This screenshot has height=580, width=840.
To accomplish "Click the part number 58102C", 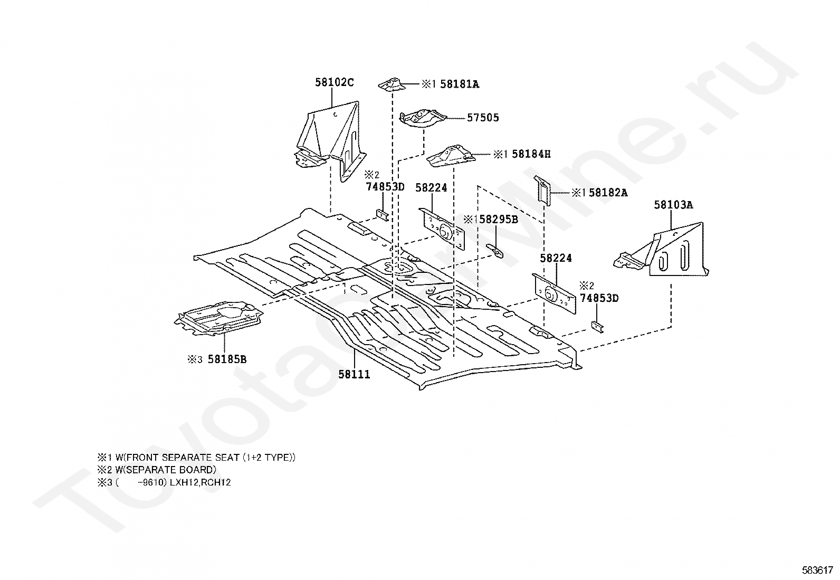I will [334, 82].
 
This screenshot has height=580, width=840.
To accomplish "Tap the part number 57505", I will [482, 118].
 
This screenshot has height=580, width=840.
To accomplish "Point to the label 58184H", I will [531, 154].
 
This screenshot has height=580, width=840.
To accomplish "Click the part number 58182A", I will [608, 193].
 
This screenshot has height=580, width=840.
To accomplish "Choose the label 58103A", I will [673, 205].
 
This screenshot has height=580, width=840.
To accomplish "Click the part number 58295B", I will [498, 219].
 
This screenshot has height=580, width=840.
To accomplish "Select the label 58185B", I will [227, 359].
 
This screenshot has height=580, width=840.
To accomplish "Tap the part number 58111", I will [354, 375].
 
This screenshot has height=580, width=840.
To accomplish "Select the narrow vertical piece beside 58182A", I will [543, 191].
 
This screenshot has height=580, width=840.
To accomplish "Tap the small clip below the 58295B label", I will [495, 250].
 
